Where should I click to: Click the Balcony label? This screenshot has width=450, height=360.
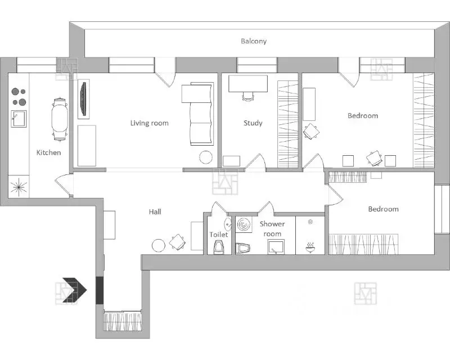254,41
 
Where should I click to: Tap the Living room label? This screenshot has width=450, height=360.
149,123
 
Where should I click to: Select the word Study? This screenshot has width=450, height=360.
253,123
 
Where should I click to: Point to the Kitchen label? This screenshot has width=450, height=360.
48,152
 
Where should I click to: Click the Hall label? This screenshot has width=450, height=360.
155,212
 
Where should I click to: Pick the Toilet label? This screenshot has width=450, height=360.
219,235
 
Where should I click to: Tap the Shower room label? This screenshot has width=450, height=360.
272,229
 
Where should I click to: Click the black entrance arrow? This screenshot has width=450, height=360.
75,290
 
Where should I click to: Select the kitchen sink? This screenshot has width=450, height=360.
19,119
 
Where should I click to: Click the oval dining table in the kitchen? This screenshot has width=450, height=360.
60,119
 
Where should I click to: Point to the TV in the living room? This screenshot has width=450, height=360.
83,99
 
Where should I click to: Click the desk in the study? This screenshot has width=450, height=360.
248,84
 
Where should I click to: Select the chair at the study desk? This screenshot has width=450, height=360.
248,96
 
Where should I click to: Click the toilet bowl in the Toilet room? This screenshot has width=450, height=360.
219,247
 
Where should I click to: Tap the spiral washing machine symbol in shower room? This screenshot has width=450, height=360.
244,224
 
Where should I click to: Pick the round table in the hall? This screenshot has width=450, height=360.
159,246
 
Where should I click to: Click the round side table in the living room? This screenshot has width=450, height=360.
206,157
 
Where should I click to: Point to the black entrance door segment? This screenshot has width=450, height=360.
100,290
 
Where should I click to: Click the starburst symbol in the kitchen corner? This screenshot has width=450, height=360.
19,187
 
